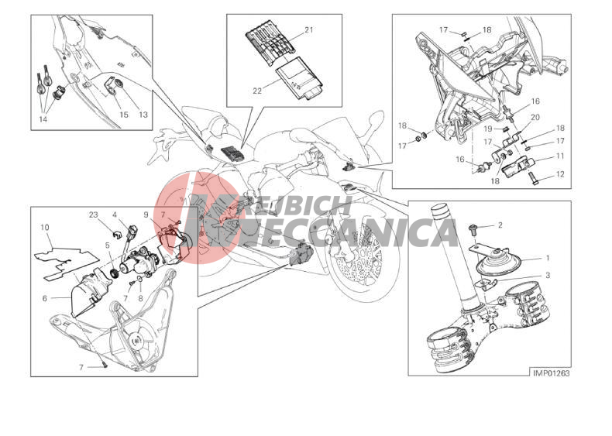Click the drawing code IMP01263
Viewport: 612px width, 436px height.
click(551, 373)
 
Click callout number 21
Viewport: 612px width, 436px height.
click(309, 29)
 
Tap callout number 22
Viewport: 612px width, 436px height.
click(257, 91)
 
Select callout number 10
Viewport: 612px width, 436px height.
click(44, 227)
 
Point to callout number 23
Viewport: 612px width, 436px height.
click(93, 215)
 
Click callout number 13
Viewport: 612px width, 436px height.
click(143, 115)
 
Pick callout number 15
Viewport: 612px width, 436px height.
click(124, 115)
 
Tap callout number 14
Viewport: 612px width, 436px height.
click(43, 119)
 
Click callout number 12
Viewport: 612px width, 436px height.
click(560, 174)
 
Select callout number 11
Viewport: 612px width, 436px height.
click(560, 156)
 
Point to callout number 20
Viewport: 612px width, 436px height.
click(535, 118)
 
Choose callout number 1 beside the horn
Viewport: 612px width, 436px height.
click(548, 258)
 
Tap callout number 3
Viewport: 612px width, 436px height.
click(548, 276)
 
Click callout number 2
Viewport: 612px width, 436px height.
click(500, 225)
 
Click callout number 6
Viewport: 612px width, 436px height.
click(45, 299)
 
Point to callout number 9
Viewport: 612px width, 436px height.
click(146, 215)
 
